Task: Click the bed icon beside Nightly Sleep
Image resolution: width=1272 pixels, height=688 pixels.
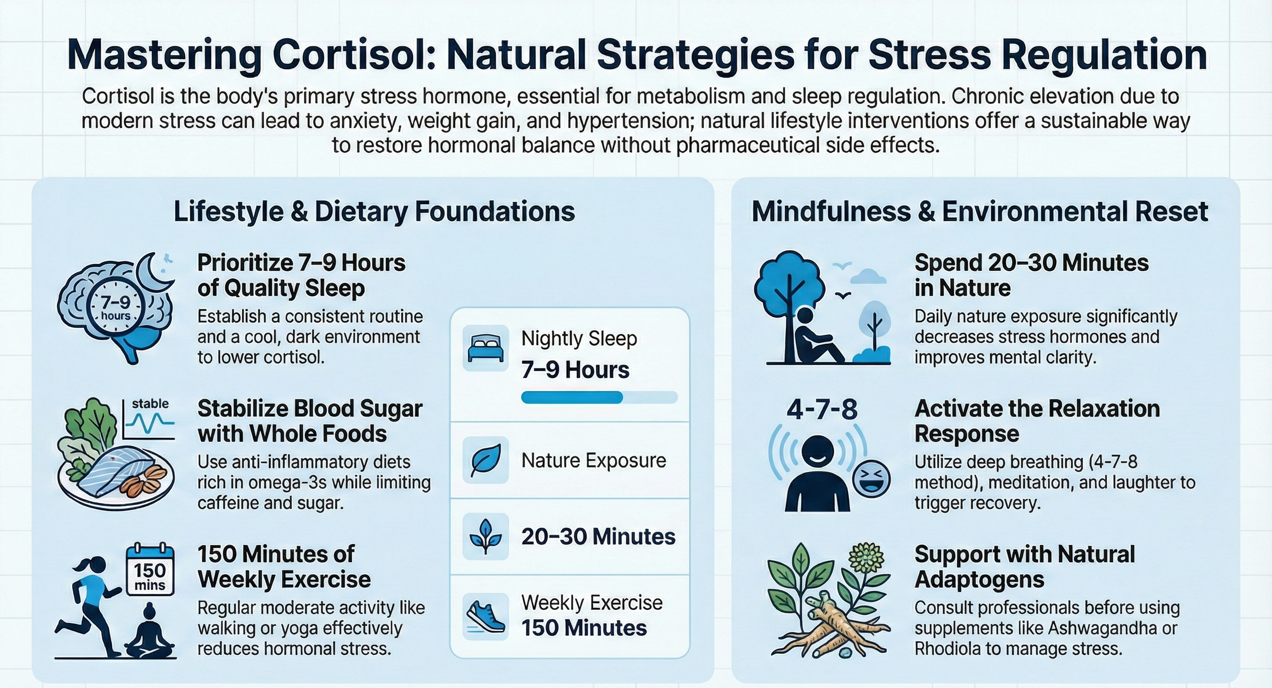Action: click(485, 348)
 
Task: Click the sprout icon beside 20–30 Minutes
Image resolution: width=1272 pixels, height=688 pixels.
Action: click(485, 536)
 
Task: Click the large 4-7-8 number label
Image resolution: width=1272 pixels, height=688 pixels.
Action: click(822, 409)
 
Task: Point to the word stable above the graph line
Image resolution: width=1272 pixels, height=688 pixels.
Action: click(150, 404)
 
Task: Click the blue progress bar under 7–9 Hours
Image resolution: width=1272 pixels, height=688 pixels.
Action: click(572, 397)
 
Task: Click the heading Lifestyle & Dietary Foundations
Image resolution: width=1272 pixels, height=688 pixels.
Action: click(374, 211)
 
